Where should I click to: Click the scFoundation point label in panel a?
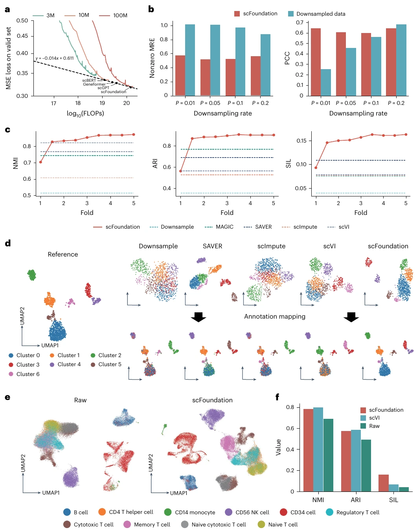coord(113,92)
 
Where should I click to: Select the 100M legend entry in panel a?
coord(113,15)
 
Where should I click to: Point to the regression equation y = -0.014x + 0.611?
coord(55,59)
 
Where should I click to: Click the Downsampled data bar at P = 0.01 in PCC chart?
coord(326,82)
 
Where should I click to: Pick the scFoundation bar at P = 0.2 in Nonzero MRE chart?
coord(255,76)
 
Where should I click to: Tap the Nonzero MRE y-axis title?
coord(152,58)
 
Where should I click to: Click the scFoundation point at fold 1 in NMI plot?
coord(40,162)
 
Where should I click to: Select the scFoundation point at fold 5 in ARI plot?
coord(274,135)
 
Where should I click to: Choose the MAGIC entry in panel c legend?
coord(219,227)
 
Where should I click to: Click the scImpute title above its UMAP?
coord(271,246)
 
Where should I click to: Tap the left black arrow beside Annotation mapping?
coord(198,317)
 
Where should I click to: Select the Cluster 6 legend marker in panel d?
coord(11,374)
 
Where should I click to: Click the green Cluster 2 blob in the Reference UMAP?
coord(31,275)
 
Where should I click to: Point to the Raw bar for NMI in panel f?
coord(328,455)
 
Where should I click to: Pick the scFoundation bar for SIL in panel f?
coord(384,483)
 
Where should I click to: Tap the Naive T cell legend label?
coord(283,524)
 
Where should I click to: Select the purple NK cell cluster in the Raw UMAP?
coord(72,478)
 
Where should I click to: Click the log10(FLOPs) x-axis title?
coord(85,114)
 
